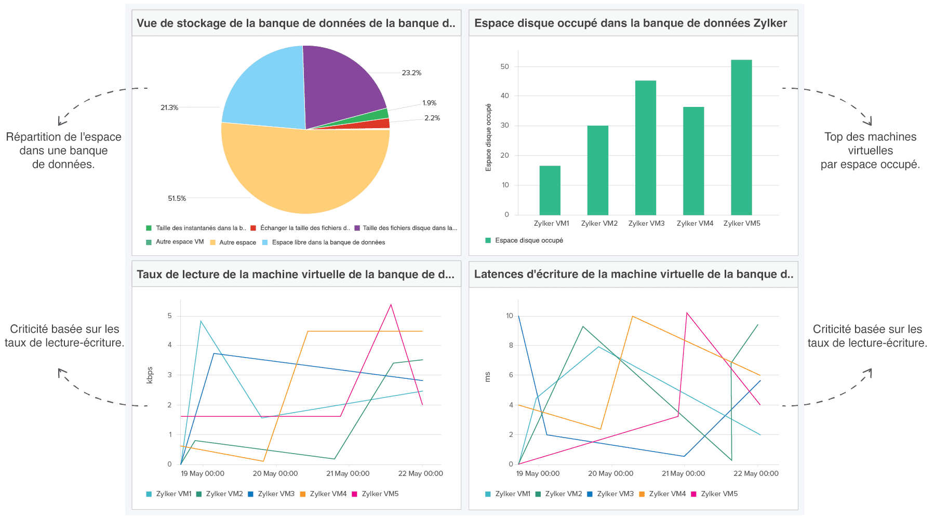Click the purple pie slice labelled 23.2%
point(340,83)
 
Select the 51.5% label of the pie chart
point(177,198)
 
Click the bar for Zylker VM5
point(741,138)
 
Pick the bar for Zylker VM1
point(550,190)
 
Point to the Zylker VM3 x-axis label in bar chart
point(646,223)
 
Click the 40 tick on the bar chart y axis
point(504,95)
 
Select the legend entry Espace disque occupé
point(528,240)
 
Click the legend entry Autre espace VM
point(179,242)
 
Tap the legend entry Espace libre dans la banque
point(328,242)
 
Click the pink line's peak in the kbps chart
point(391,305)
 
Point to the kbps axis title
point(150,375)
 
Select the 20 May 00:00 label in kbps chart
point(275,473)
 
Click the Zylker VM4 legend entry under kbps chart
point(327,494)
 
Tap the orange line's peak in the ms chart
point(632,316)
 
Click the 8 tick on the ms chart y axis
point(511,345)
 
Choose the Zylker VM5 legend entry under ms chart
point(718,494)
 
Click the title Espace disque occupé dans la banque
point(630,23)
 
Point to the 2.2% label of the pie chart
point(432,118)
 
